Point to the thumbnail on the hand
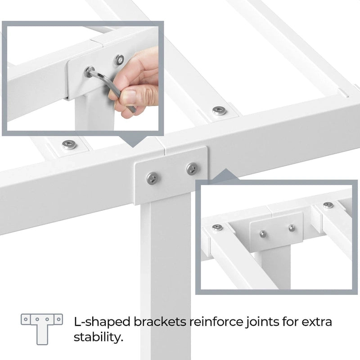click(x=129, y=97)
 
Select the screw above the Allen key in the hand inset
click(x=119, y=58)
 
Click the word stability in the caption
click(x=98, y=337)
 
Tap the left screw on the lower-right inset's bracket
click(x=263, y=234)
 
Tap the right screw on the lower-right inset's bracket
click(x=292, y=228)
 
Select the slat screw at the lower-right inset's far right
click(x=328, y=205)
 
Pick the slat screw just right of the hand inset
click(x=219, y=110)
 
